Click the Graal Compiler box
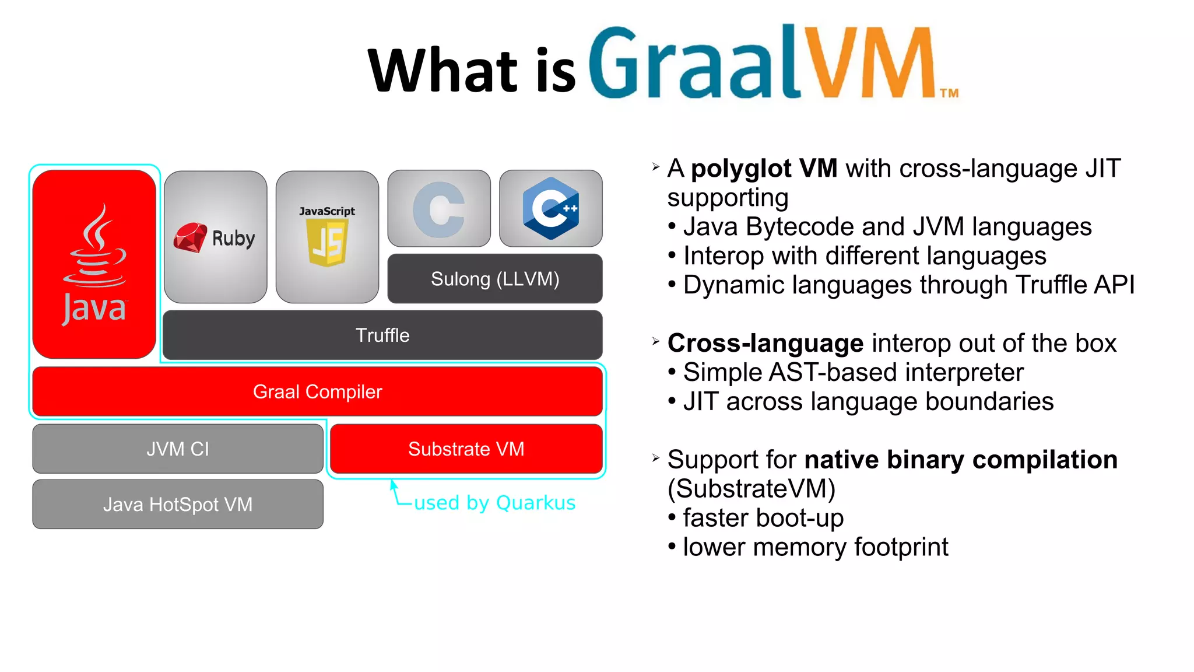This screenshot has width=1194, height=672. tap(317, 391)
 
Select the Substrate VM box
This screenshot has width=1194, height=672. tap(466, 449)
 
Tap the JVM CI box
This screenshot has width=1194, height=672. tap(178, 449)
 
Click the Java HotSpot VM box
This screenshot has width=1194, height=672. tap(178, 504)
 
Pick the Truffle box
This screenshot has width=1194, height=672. tap(382, 335)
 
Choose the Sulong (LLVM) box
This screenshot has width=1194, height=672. tap(495, 279)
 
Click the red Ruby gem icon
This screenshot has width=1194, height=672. tap(190, 238)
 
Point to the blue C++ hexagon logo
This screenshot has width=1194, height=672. tap(551, 208)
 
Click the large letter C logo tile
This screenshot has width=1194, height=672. tap(439, 209)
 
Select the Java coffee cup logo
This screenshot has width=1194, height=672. tap(95, 248)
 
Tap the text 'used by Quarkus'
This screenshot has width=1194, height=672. tap(494, 503)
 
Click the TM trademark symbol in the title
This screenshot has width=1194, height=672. tap(949, 93)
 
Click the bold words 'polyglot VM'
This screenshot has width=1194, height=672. tap(764, 169)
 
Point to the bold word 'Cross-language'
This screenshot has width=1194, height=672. tap(765, 343)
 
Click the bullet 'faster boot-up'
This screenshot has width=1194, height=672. tap(763, 518)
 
